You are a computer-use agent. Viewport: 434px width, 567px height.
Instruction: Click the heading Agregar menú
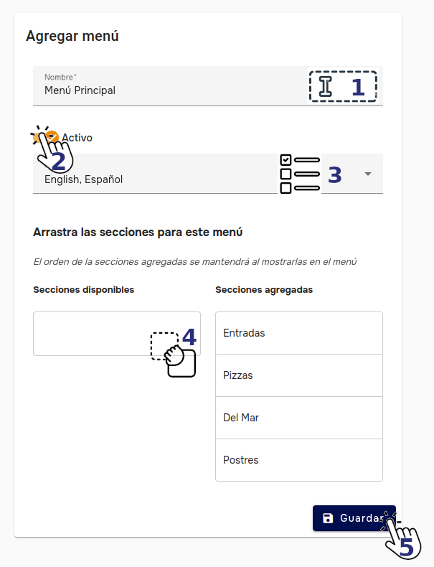coord(72,36)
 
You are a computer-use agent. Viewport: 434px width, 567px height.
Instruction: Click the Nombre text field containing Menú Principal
coord(165,90)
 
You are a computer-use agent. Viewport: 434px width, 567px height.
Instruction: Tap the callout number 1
coord(357,88)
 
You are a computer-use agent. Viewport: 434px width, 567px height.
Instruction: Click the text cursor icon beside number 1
coord(326,87)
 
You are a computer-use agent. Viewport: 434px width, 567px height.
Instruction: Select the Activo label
coord(77,138)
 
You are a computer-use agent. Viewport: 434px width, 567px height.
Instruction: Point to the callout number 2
coord(59,161)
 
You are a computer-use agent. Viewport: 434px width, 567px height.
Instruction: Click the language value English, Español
coord(84,179)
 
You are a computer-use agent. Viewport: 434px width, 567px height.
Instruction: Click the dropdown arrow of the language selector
coord(368,174)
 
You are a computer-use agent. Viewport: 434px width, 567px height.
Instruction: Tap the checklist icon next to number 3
coord(299,174)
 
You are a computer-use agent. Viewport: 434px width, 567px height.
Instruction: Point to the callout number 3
coord(335,174)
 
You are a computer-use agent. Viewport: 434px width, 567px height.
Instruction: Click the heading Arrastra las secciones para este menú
coord(138,233)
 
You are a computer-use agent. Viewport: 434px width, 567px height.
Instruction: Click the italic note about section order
coord(195,261)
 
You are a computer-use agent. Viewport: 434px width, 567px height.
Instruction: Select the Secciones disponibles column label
coord(84,290)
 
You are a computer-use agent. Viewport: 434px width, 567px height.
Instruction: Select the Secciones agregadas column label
coord(264,290)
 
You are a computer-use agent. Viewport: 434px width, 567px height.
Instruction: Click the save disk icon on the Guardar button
coord(328,518)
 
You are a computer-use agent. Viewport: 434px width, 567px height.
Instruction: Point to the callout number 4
coord(189,336)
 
